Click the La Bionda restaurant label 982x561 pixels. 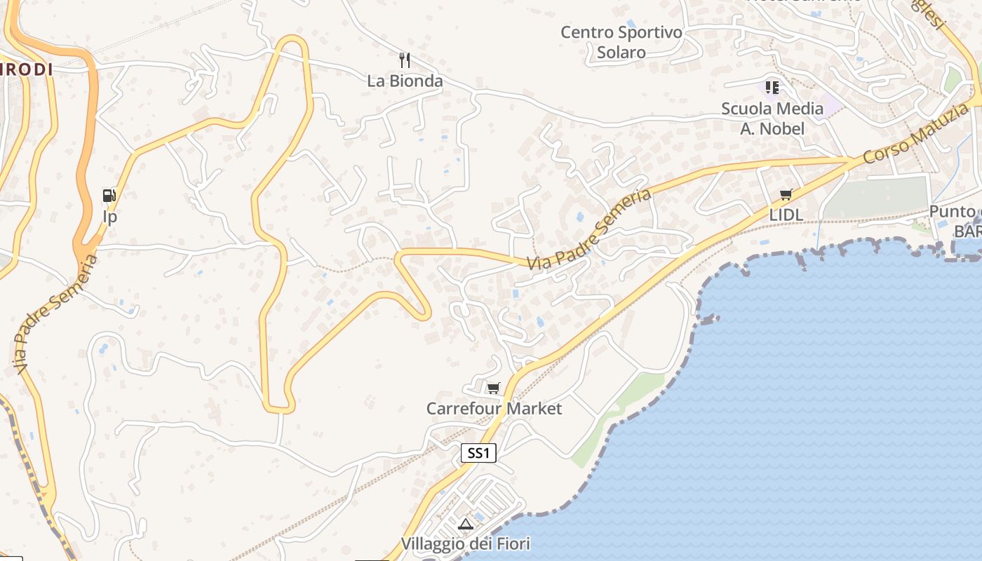405,81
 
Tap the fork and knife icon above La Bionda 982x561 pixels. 404,60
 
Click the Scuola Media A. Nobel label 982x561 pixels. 772,119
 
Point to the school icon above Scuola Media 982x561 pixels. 772,88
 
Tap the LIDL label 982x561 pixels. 786,215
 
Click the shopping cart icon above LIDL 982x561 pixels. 786,194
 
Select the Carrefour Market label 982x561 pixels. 494,408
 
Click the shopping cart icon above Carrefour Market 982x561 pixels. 494,388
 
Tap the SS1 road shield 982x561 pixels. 478,453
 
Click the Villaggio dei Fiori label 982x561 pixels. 465,543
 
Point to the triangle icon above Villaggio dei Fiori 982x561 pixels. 465,524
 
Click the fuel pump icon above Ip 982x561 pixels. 109,196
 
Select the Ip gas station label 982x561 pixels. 109,217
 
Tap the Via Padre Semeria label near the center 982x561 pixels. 589,230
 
